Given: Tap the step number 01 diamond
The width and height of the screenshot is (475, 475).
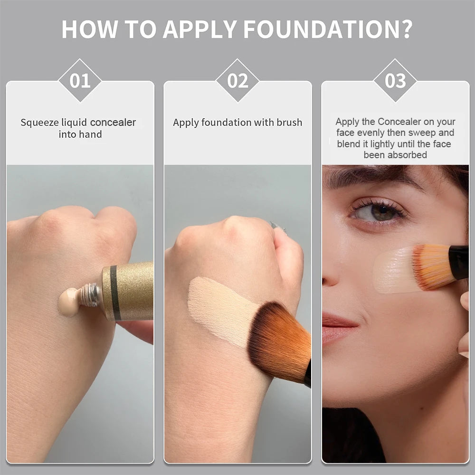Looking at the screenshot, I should (80, 80).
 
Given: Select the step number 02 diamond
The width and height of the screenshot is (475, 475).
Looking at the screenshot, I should (237, 80).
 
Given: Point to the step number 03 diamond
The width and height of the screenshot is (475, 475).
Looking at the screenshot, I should (395, 80).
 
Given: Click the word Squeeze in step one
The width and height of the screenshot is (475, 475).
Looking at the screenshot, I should (40, 123).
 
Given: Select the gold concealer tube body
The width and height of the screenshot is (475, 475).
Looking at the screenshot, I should (131, 291).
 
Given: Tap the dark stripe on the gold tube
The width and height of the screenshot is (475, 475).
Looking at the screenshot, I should (114, 292).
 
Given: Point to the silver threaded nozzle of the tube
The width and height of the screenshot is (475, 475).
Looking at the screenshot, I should (90, 294).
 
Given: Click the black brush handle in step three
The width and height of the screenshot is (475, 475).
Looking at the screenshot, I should (459, 262).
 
